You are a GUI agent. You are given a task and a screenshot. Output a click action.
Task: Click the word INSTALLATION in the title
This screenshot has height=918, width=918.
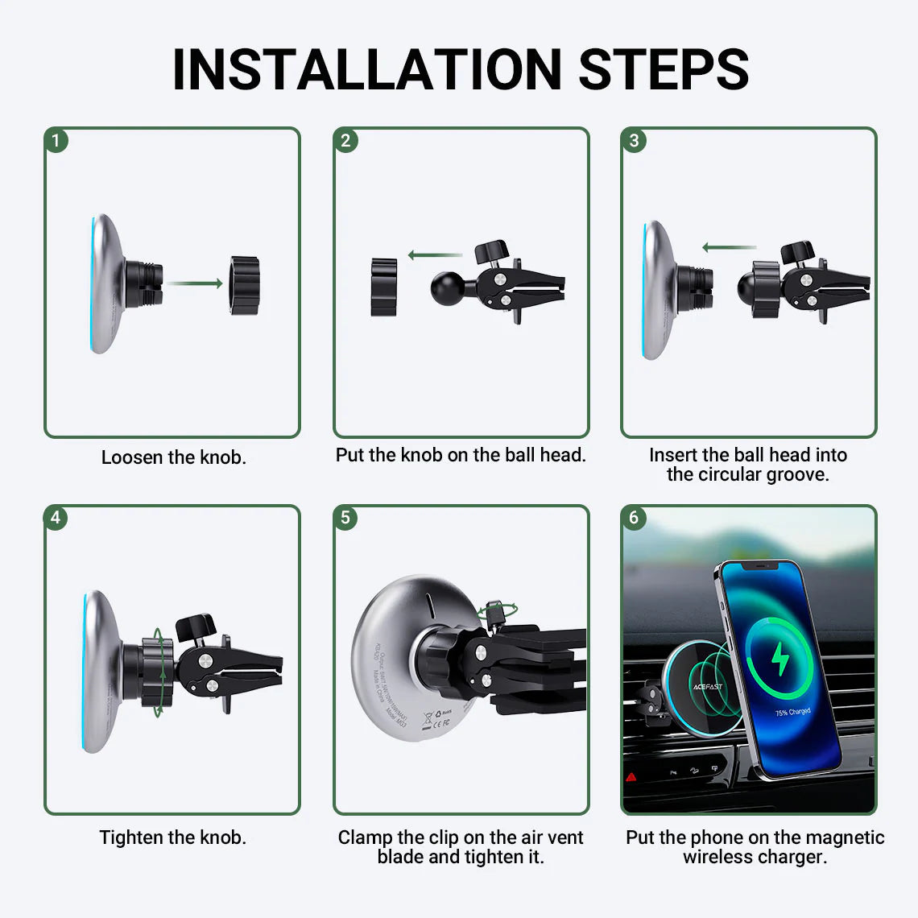(x=366, y=69)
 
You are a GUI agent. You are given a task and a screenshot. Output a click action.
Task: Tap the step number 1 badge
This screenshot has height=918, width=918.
(x=56, y=140)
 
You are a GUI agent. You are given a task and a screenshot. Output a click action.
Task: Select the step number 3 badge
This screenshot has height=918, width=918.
(x=634, y=140)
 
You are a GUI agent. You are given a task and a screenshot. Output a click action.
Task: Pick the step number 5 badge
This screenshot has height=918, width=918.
(x=345, y=517)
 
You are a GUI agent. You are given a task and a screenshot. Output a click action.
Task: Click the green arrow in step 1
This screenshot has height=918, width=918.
(x=196, y=283)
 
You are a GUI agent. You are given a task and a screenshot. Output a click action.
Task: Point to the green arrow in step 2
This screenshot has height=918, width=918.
(x=435, y=255)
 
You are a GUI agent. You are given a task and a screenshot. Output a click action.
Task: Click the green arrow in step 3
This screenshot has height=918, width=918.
(x=728, y=247)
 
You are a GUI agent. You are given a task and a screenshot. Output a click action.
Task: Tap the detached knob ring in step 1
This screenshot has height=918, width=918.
(x=245, y=285)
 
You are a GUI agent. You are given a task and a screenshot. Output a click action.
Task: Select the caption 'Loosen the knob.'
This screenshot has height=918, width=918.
(x=174, y=457)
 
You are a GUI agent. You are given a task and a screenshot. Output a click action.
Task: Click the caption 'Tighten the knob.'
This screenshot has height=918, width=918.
(x=173, y=837)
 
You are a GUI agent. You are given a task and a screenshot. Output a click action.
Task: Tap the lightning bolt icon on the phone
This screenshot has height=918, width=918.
(x=780, y=660)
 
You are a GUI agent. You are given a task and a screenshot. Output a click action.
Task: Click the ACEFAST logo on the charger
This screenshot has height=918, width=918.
(x=707, y=687)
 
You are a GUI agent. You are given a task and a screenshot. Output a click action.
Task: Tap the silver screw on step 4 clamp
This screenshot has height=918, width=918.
(x=205, y=660)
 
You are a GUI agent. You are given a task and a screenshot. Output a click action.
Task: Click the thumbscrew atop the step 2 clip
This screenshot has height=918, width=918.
(x=491, y=251)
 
